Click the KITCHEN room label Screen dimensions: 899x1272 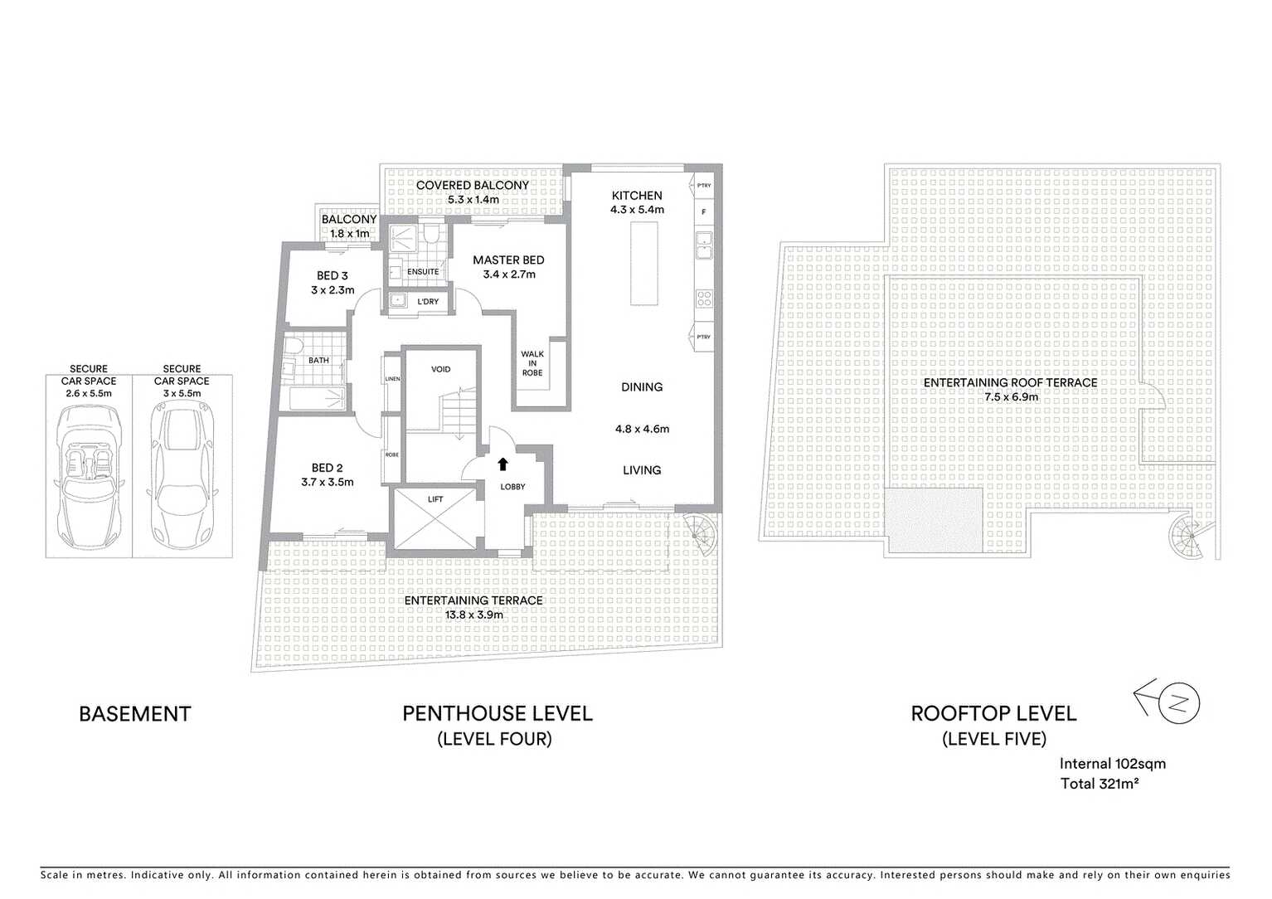point(637,196)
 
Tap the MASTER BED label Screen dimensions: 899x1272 point(508,260)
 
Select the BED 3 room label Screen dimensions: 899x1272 point(333,275)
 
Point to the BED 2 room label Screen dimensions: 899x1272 point(327,468)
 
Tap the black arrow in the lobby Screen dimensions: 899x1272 point(502,464)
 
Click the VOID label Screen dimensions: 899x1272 point(441,369)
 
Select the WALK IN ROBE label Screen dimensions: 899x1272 point(532,363)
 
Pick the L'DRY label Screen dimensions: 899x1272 point(428,302)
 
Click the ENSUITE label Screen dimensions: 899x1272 point(423,272)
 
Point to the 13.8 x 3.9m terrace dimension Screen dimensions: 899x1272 point(473,615)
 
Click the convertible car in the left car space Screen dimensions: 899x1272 point(88,477)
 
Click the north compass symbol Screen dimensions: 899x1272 point(1182,705)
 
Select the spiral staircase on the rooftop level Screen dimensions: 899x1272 point(1187,537)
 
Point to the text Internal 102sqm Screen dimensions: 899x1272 point(1112,764)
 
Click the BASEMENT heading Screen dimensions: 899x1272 point(134,714)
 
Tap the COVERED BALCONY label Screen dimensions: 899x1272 point(472,185)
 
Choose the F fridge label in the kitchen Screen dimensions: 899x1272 point(704,212)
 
